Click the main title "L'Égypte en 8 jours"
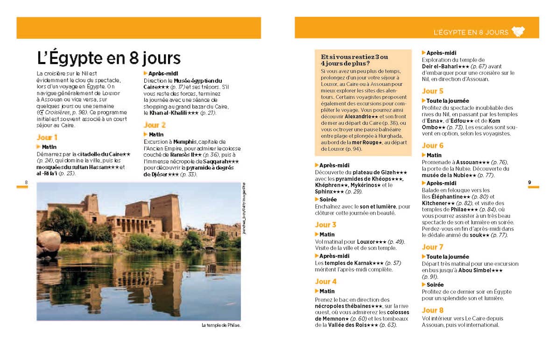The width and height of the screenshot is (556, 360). tap(109, 58)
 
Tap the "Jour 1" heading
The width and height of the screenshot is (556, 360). tap(47, 137)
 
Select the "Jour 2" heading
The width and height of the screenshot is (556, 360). tap(155, 125)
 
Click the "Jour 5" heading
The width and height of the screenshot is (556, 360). tap(432, 91)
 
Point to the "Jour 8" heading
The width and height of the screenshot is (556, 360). tap(432, 310)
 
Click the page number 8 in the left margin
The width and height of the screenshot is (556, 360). tap(26, 182)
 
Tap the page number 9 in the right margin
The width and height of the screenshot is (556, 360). tap(529, 182)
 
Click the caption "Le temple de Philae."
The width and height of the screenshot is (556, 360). tap(221, 325)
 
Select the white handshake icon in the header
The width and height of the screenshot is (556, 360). tap(518, 32)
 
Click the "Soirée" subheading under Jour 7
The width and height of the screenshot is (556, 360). tap(435, 284)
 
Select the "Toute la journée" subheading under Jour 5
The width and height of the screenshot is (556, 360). tap(447, 101)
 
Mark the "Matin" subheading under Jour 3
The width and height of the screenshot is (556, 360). tap(327, 234)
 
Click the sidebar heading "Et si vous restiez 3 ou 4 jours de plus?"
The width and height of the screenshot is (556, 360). tap(354, 60)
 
